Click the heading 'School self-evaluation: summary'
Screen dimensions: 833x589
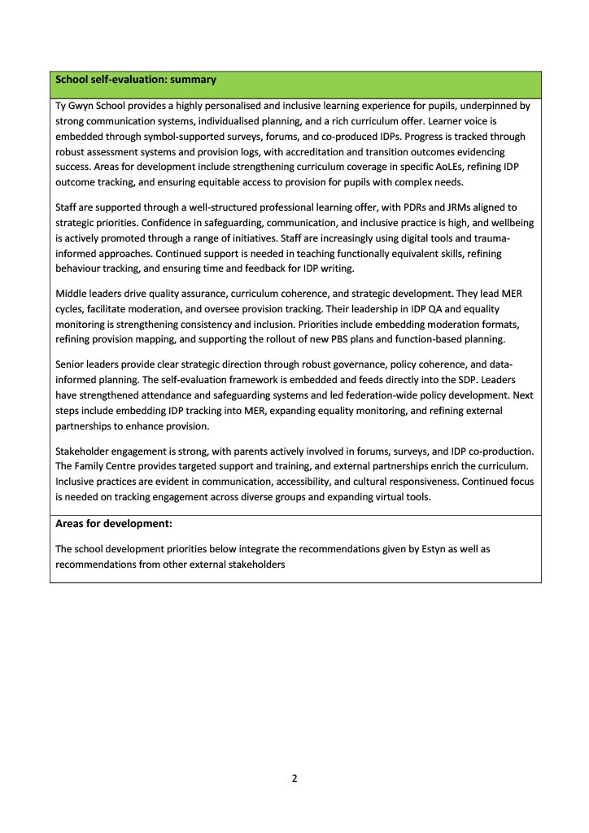click(x=135, y=80)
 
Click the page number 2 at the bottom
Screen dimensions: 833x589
click(x=294, y=778)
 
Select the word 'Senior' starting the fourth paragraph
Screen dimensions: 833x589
click(x=71, y=365)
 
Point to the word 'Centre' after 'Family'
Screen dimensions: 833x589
click(x=126, y=466)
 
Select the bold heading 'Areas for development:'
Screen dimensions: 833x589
click(x=113, y=524)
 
